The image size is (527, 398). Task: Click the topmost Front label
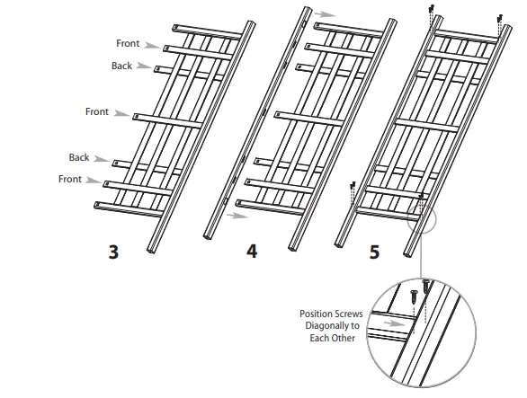[x=128, y=43]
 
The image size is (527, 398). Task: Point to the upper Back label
[x=121, y=66]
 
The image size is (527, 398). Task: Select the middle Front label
[x=97, y=111]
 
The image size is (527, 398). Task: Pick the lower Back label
[x=79, y=157]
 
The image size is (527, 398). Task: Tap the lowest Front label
[x=70, y=179]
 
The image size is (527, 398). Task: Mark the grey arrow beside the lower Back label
[x=103, y=159]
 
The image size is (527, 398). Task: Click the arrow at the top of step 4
[x=322, y=14]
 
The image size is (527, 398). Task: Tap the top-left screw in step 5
[x=433, y=8]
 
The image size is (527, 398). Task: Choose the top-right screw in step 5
[x=500, y=15]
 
